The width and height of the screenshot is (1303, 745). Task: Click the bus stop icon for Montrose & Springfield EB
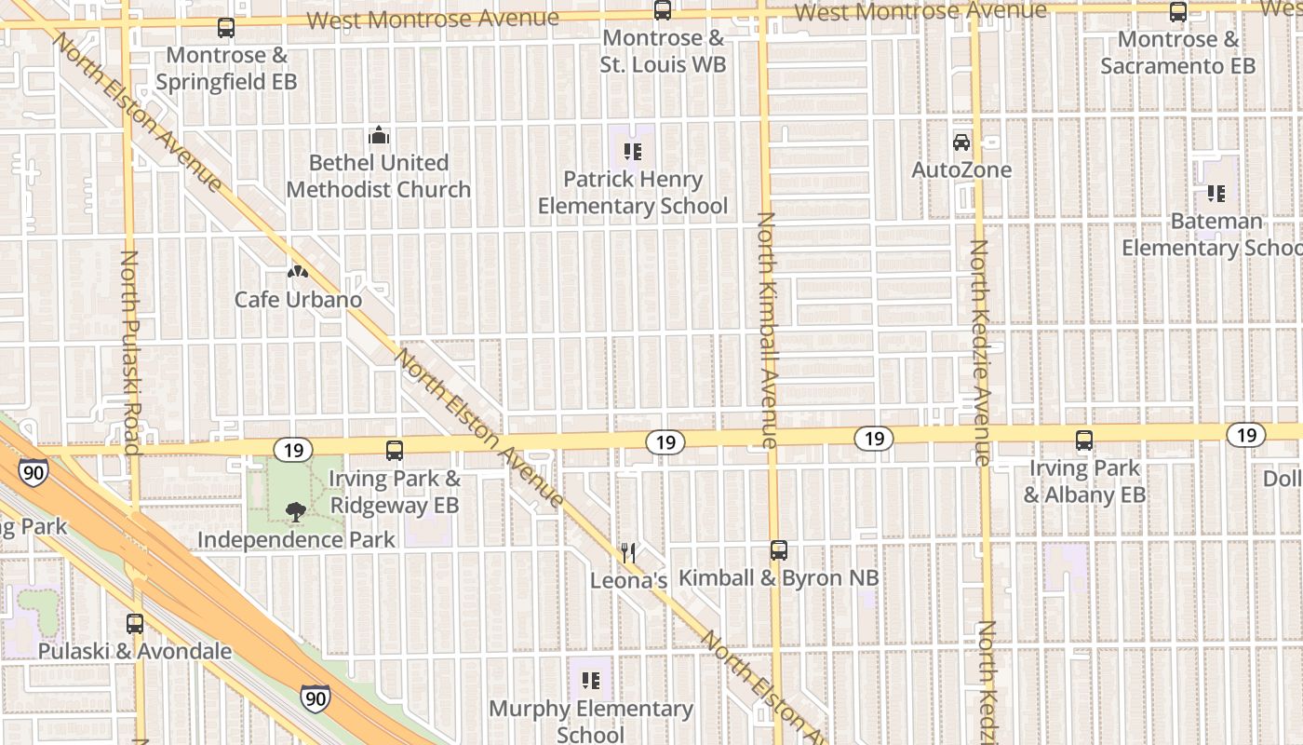click(x=226, y=28)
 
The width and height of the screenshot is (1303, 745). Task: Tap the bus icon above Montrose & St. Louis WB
click(x=663, y=11)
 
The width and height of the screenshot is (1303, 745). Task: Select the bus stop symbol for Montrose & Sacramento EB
click(x=1178, y=12)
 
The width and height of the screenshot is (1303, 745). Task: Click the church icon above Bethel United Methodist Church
click(x=379, y=136)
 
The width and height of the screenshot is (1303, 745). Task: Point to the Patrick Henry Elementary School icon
click(x=633, y=151)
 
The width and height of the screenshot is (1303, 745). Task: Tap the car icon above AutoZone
click(x=961, y=142)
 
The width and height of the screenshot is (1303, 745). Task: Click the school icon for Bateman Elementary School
click(x=1216, y=194)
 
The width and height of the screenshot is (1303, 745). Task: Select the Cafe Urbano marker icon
click(x=298, y=272)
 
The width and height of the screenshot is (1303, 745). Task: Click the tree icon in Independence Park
click(x=296, y=511)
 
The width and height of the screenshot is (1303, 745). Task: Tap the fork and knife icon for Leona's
click(x=629, y=553)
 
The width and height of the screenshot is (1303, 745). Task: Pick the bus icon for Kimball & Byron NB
click(x=779, y=550)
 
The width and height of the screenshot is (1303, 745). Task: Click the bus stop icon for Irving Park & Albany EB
click(x=1084, y=440)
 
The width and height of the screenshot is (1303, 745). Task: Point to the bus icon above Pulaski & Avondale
click(x=135, y=623)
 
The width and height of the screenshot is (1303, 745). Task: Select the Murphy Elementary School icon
click(x=590, y=681)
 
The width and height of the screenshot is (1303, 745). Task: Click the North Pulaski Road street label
click(x=130, y=352)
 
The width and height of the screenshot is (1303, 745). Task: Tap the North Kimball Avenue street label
click(x=767, y=331)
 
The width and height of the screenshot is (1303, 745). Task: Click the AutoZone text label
click(x=961, y=170)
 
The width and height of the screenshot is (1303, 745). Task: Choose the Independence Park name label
click(x=296, y=539)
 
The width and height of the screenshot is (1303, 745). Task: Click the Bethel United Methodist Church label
click(x=379, y=176)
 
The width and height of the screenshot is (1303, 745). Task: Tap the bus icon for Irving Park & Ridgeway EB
click(x=395, y=451)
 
